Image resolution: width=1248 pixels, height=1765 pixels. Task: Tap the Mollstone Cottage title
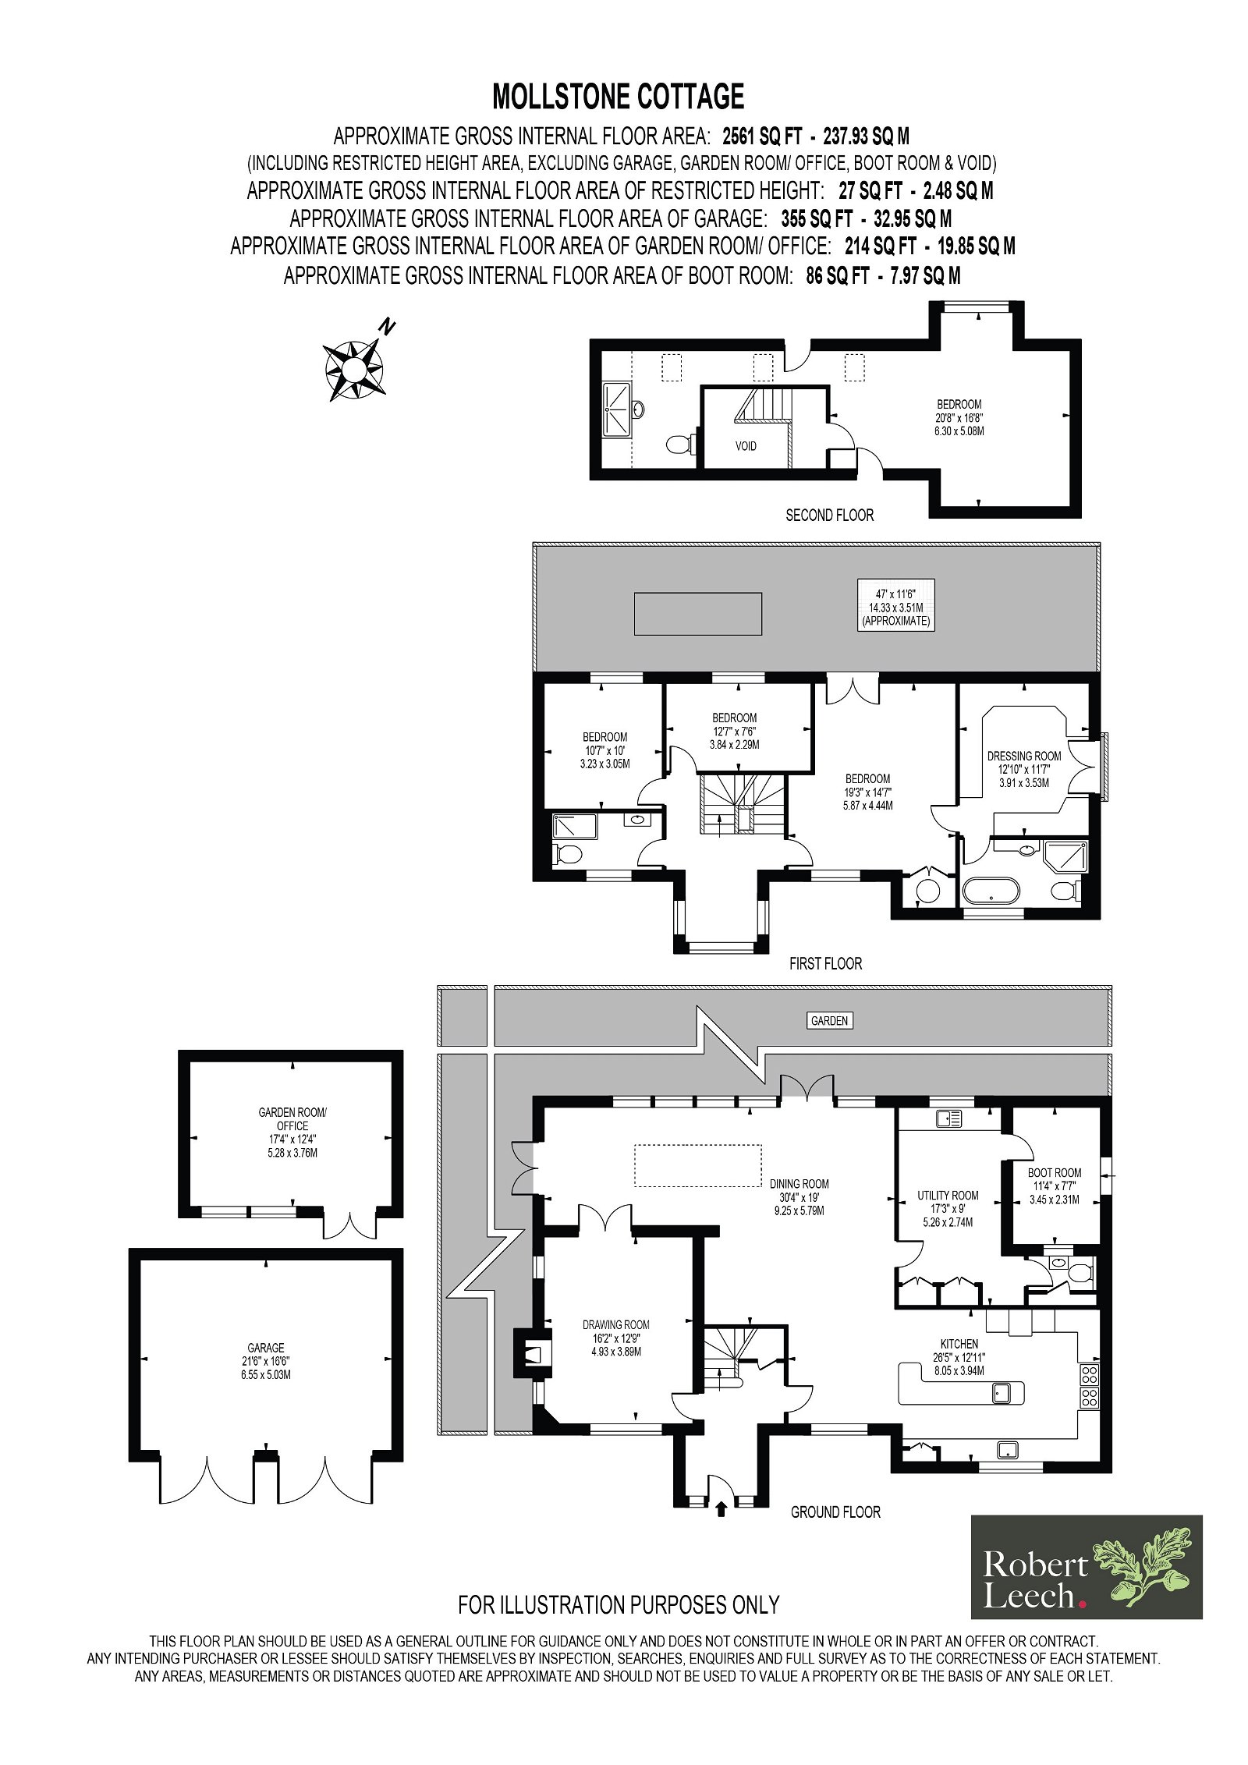point(619,97)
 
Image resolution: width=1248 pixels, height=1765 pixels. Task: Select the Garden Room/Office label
point(292,1132)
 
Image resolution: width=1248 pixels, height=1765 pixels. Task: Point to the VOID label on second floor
point(746,446)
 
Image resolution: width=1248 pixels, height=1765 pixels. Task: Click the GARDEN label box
point(829,1020)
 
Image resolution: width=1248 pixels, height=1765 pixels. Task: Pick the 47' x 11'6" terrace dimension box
point(895,604)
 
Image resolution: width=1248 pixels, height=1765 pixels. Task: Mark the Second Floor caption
point(829,515)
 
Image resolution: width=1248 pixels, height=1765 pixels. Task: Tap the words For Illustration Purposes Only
point(619,1604)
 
